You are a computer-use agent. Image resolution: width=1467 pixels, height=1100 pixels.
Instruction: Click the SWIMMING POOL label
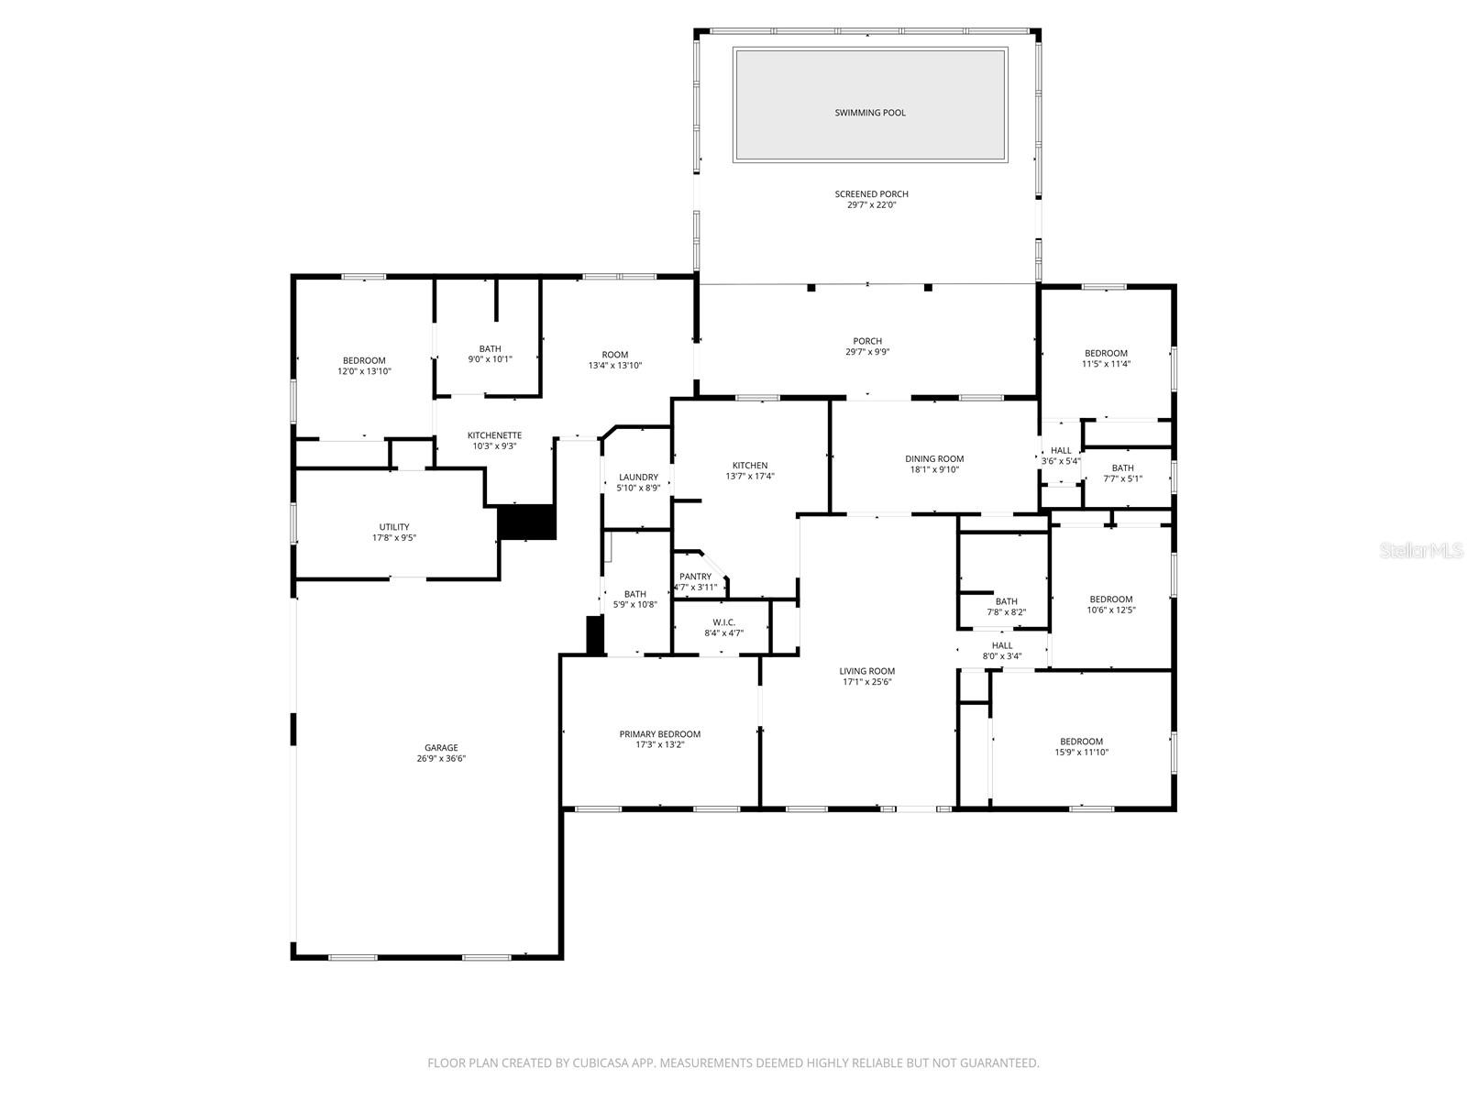pos(869,113)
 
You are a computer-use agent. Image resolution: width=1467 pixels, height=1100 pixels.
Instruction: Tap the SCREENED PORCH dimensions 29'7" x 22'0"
pos(871,205)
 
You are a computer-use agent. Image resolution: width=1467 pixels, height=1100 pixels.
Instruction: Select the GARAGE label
pos(440,747)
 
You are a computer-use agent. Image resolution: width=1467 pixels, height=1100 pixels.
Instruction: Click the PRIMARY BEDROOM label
pos(659,733)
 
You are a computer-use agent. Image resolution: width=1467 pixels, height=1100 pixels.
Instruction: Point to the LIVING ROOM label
pos(866,671)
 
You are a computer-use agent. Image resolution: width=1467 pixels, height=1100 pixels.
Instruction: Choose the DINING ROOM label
pos(934,458)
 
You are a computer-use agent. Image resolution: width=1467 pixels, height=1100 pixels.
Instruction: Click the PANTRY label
pos(695,577)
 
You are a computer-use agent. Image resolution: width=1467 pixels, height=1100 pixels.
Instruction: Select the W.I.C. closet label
pos(723,622)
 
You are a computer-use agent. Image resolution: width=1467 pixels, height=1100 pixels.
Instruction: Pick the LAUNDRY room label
pos(638,477)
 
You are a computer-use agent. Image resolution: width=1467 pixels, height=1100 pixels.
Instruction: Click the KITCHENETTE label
pos(494,435)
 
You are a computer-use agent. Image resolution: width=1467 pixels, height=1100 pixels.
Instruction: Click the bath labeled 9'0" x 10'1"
pos(490,354)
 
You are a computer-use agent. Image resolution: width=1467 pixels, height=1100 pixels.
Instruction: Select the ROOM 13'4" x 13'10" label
pos(614,359)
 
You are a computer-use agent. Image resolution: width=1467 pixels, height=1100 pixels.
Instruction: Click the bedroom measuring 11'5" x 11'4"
pos(1106,358)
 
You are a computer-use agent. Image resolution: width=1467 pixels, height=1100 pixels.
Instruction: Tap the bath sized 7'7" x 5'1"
pos(1122,473)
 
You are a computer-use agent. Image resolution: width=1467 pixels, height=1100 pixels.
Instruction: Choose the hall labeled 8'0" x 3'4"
pos(1001,650)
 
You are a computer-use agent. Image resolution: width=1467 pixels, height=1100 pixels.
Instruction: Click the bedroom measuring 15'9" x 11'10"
pos(1081,746)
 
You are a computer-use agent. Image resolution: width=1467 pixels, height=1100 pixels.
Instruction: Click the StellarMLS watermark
pos(1422,550)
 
